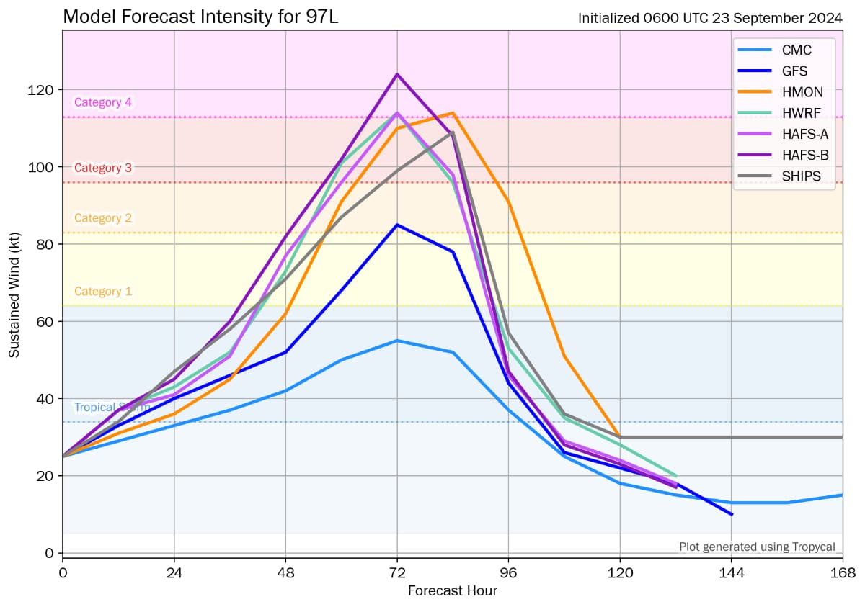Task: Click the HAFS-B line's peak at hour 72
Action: point(397,74)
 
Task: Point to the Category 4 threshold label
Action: point(103,102)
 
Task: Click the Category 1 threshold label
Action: point(103,292)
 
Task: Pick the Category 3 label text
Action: point(103,168)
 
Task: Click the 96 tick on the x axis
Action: point(509,573)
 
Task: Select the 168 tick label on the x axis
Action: point(842,573)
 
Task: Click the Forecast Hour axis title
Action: point(452,591)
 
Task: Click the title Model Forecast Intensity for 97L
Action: point(200,17)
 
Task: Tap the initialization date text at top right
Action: point(710,19)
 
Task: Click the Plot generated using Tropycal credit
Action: point(757,547)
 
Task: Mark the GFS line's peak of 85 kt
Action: point(397,225)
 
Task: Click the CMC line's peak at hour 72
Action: point(397,341)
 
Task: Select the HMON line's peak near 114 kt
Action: point(453,113)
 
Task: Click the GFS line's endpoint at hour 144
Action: point(732,514)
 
